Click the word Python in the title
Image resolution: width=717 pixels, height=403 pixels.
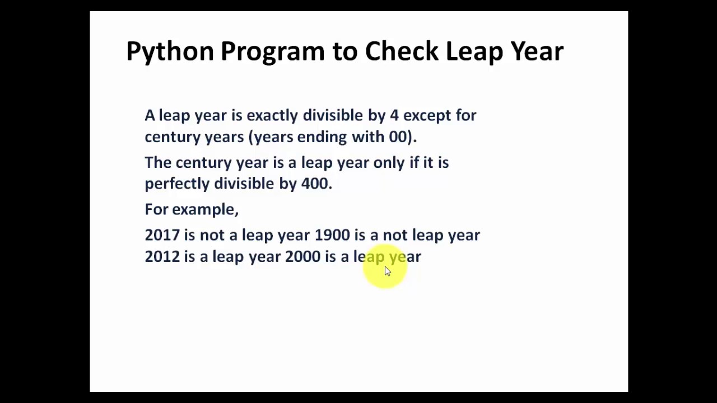170,51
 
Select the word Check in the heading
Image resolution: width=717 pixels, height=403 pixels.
401,51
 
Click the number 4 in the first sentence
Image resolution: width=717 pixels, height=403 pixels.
394,115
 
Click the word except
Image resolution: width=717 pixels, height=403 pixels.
427,116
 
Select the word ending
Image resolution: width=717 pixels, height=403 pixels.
322,137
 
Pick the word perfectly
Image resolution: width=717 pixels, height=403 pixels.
177,184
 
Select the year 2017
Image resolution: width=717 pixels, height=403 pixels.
162,235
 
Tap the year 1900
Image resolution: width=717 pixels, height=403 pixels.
332,235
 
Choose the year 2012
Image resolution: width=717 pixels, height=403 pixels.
162,256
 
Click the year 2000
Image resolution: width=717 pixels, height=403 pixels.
302,256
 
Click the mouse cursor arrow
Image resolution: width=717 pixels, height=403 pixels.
387,271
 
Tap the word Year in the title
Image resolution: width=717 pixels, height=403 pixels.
536,51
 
